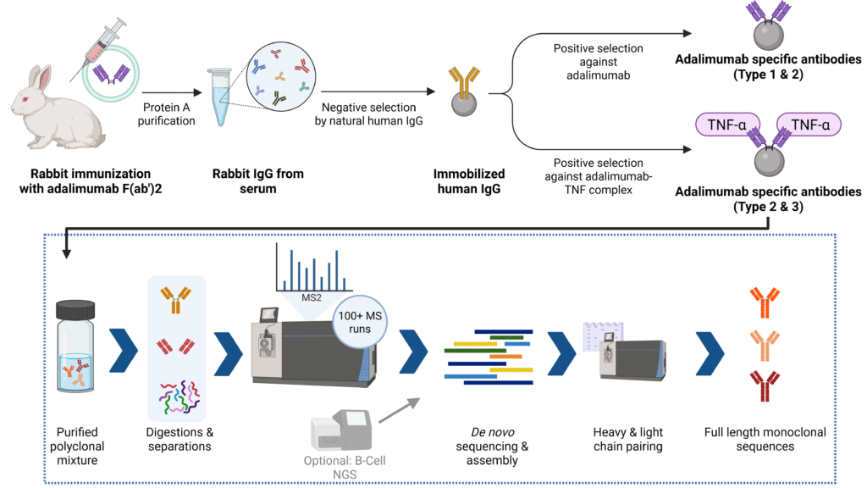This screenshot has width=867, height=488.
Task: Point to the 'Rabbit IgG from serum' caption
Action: coord(258,180)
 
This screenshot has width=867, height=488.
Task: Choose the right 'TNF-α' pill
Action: coord(809,125)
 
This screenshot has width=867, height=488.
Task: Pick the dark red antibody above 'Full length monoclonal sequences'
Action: coord(765,385)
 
